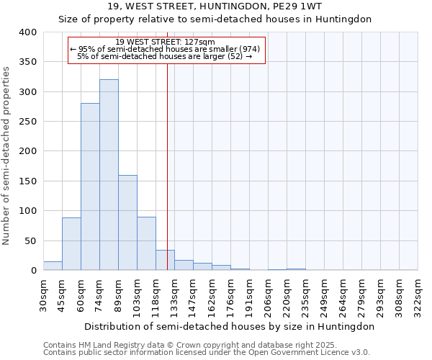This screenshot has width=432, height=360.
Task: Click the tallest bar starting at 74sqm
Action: (x=109, y=175)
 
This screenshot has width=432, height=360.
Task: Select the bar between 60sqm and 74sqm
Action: (x=90, y=186)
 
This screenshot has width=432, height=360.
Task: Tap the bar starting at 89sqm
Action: (x=127, y=222)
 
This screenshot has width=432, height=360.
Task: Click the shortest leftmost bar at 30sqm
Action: (x=53, y=266)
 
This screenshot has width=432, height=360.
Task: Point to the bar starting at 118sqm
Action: (x=165, y=260)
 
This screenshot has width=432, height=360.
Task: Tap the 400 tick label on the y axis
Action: (x=28, y=32)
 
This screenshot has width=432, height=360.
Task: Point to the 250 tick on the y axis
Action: (x=28, y=122)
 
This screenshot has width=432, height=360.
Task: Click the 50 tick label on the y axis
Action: (x=31, y=240)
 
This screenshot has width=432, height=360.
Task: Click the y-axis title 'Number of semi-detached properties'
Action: (x=7, y=155)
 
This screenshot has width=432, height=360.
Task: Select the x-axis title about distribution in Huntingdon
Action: (x=229, y=326)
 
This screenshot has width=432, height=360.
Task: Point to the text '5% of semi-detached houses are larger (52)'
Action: (x=165, y=56)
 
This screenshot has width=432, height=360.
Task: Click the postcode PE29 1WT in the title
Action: (x=302, y=6)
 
